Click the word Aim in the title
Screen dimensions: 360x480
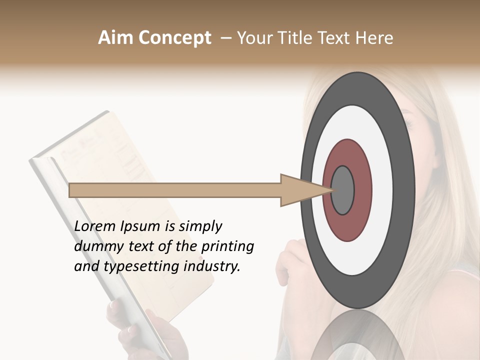click(x=116, y=38)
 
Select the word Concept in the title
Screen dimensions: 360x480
click(x=174, y=38)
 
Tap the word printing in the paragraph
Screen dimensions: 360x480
click(x=227, y=246)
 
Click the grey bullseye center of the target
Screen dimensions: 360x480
click(x=342, y=190)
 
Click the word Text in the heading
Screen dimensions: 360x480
click(x=338, y=38)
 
